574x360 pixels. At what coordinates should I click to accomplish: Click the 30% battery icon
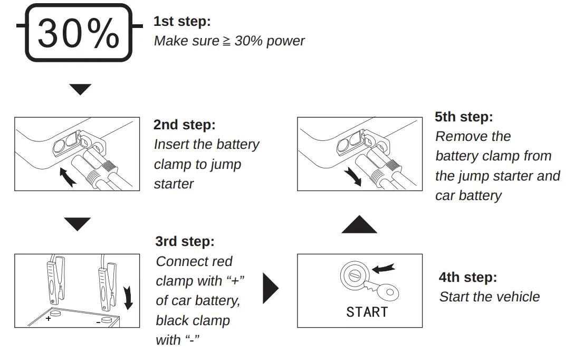[x=79, y=33]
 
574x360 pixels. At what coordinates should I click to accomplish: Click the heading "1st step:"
[x=182, y=22]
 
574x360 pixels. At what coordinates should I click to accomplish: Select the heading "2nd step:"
[x=185, y=125]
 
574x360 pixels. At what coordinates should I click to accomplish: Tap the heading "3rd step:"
[x=185, y=242]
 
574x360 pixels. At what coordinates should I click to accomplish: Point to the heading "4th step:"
[x=468, y=277]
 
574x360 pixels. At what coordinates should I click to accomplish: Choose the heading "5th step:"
[x=464, y=117]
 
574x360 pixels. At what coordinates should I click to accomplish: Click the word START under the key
[x=367, y=312]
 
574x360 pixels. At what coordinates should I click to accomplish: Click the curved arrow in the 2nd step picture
[x=66, y=177]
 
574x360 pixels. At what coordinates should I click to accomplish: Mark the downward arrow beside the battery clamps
[x=127, y=297]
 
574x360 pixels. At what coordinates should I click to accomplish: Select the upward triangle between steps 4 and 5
[x=359, y=225]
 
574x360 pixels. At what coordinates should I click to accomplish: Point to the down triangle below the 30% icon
[x=80, y=89]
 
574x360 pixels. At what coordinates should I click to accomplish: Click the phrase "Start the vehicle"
[x=489, y=297]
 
